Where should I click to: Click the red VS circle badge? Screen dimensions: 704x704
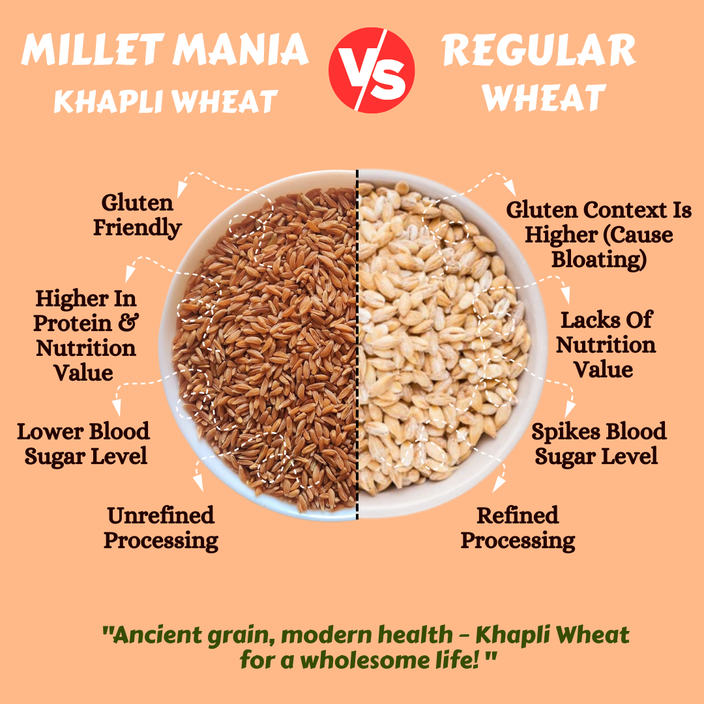tap(372, 70)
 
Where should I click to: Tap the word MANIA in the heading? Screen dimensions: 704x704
tap(241, 50)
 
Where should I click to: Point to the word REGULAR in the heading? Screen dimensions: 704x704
tap(538, 50)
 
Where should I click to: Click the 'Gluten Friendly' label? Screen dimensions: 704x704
tap(138, 215)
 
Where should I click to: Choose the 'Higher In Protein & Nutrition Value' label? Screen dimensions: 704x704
tap(86, 335)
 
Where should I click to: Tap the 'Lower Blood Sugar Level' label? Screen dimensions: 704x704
tap(83, 444)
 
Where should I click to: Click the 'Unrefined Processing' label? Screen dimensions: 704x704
tap(161, 528)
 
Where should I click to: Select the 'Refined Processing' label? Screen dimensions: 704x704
tap(518, 528)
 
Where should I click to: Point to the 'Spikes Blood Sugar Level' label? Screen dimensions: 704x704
tap(599, 444)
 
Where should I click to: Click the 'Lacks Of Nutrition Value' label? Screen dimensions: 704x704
tap(606, 344)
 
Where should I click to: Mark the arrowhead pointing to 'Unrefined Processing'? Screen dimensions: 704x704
tap(198, 482)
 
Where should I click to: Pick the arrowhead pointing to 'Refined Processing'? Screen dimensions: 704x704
tap(499, 484)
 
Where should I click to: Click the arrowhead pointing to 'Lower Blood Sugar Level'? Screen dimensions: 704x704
tap(117, 407)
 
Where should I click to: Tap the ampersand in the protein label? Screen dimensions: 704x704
tap(129, 323)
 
